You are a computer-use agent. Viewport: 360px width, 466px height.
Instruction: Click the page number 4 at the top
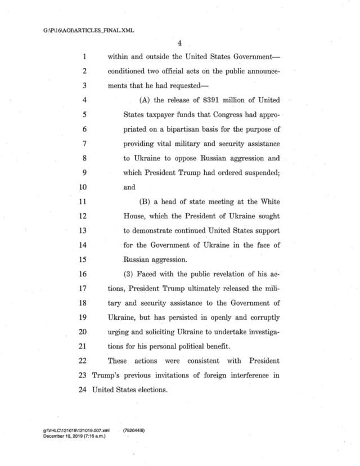180,43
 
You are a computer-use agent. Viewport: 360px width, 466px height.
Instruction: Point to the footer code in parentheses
132,430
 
